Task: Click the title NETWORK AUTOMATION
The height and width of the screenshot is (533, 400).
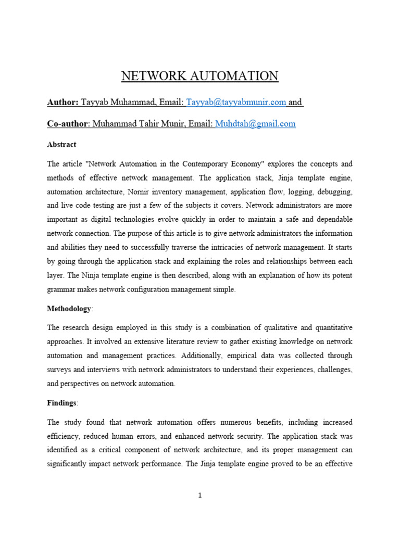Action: [x=200, y=77]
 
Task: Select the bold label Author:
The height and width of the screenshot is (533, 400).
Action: [x=63, y=102]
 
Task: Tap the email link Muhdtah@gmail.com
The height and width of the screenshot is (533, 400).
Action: [x=255, y=123]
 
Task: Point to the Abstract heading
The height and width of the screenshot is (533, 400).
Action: [x=61, y=144]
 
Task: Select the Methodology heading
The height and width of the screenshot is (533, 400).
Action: [x=69, y=309]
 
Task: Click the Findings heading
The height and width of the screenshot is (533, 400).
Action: [x=61, y=403]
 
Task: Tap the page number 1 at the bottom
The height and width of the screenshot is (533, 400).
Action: [x=200, y=496]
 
